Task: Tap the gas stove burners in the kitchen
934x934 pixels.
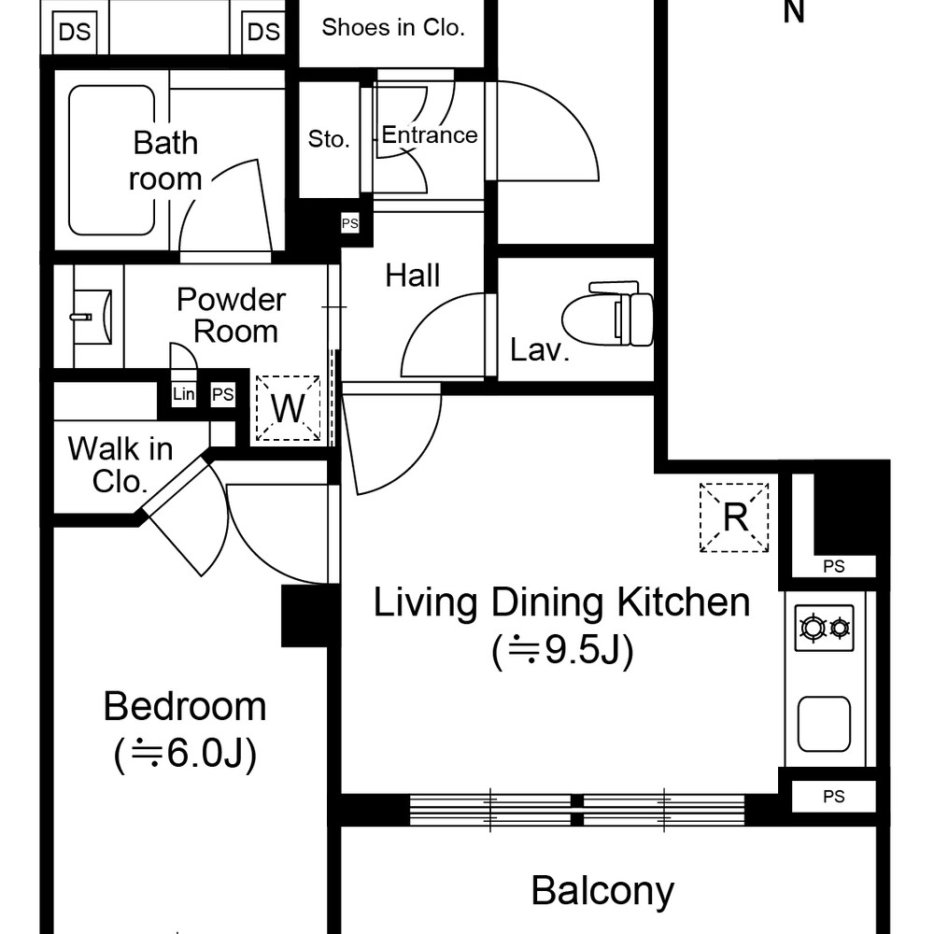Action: [825, 628]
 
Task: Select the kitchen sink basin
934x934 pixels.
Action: [824, 724]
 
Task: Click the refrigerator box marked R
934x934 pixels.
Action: [734, 517]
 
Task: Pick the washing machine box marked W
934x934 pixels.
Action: [289, 409]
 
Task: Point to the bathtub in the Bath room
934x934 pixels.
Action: [111, 161]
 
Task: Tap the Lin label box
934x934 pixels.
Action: [183, 394]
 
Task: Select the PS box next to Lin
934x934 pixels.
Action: [223, 394]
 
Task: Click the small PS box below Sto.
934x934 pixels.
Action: [350, 223]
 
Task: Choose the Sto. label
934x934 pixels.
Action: [329, 139]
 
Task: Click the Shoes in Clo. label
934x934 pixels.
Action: [393, 27]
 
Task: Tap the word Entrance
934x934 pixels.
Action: [430, 135]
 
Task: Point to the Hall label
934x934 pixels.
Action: [413, 276]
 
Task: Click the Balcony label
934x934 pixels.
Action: [602, 892]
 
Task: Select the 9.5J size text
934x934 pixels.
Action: [563, 650]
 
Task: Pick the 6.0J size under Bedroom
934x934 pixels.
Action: [185, 754]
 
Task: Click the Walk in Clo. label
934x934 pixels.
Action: [120, 464]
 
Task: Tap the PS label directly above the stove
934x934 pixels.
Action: [834, 567]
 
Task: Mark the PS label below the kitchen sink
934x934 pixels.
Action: [834, 797]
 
